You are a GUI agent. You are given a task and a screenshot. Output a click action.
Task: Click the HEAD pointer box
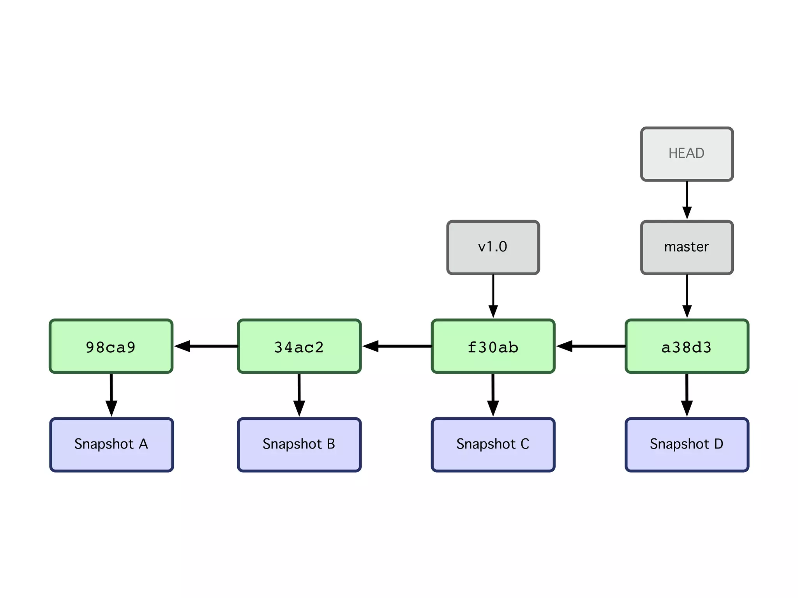tap(687, 154)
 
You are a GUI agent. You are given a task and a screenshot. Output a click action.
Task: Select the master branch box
tap(687, 247)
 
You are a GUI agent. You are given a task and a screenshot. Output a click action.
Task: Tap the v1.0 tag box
tap(493, 247)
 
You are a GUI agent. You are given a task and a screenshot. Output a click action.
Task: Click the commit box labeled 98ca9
tap(111, 346)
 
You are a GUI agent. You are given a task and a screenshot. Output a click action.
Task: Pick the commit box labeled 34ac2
tap(299, 346)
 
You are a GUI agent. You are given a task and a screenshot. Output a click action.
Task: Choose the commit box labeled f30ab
tap(493, 346)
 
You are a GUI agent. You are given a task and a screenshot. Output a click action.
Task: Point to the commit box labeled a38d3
tap(687, 346)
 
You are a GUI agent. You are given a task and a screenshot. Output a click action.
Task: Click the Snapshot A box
tap(111, 445)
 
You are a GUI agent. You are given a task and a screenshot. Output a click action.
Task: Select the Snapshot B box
tap(299, 445)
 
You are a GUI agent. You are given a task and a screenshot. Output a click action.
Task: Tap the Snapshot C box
tap(493, 445)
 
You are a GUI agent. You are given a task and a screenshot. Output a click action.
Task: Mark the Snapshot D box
tap(687, 445)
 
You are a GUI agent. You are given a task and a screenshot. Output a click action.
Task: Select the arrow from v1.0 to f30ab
tap(493, 296)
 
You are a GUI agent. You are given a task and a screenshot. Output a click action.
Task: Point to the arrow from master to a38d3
tap(687, 296)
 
